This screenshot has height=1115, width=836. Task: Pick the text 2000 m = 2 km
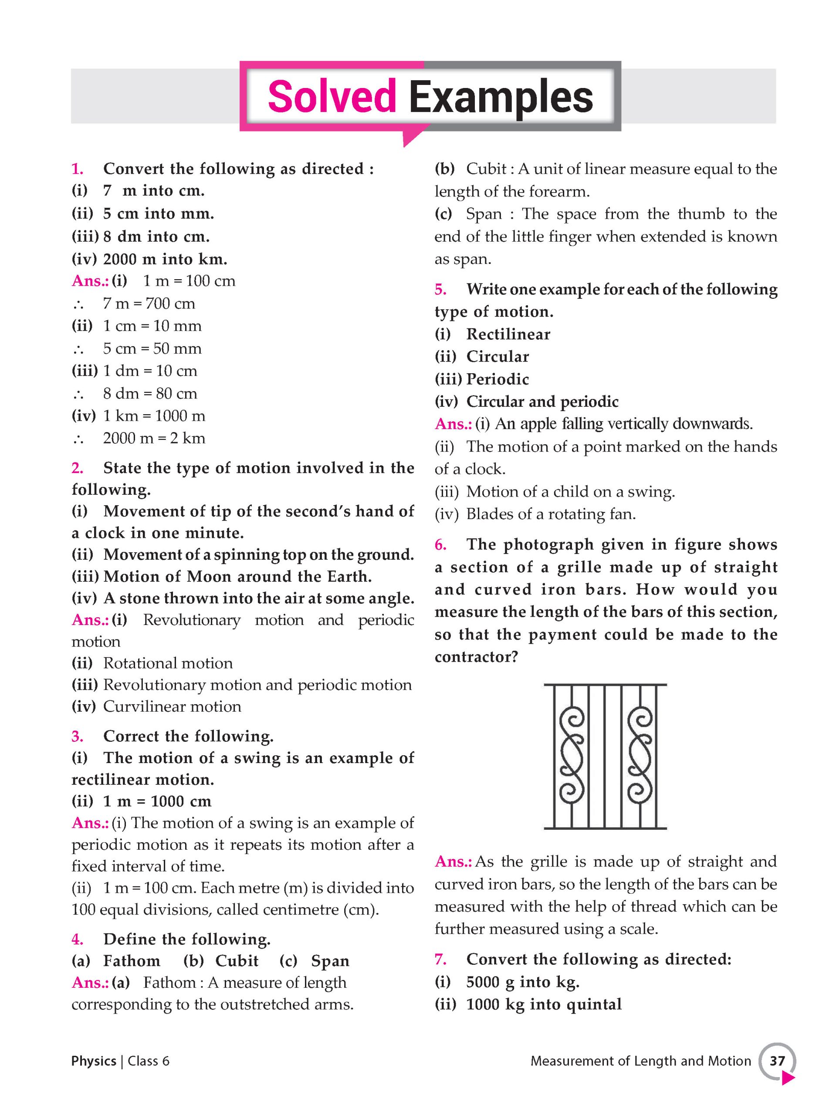154,438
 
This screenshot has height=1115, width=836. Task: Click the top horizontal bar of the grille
605,685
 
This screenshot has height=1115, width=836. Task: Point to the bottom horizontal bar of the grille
605,828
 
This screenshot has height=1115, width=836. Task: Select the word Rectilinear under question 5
508,334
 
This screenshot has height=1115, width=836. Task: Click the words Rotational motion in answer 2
168,663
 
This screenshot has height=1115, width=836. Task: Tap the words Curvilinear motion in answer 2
172,707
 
